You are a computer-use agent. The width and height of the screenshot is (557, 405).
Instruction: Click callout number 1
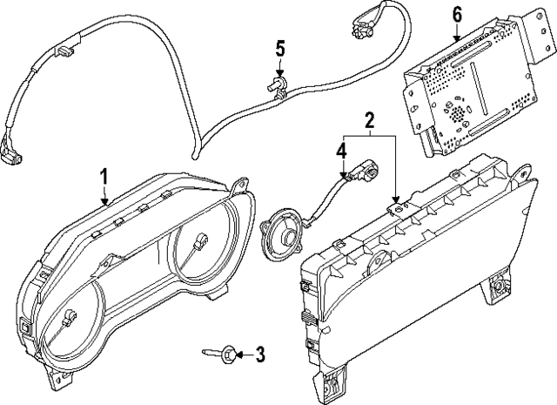pyautogui.click(x=104, y=177)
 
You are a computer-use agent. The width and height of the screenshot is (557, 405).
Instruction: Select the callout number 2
pyautogui.click(x=369, y=119)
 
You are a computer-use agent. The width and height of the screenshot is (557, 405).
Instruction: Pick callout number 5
pyautogui.click(x=279, y=48)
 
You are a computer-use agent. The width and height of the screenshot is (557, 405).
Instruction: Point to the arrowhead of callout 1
pyautogui.click(x=104, y=203)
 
